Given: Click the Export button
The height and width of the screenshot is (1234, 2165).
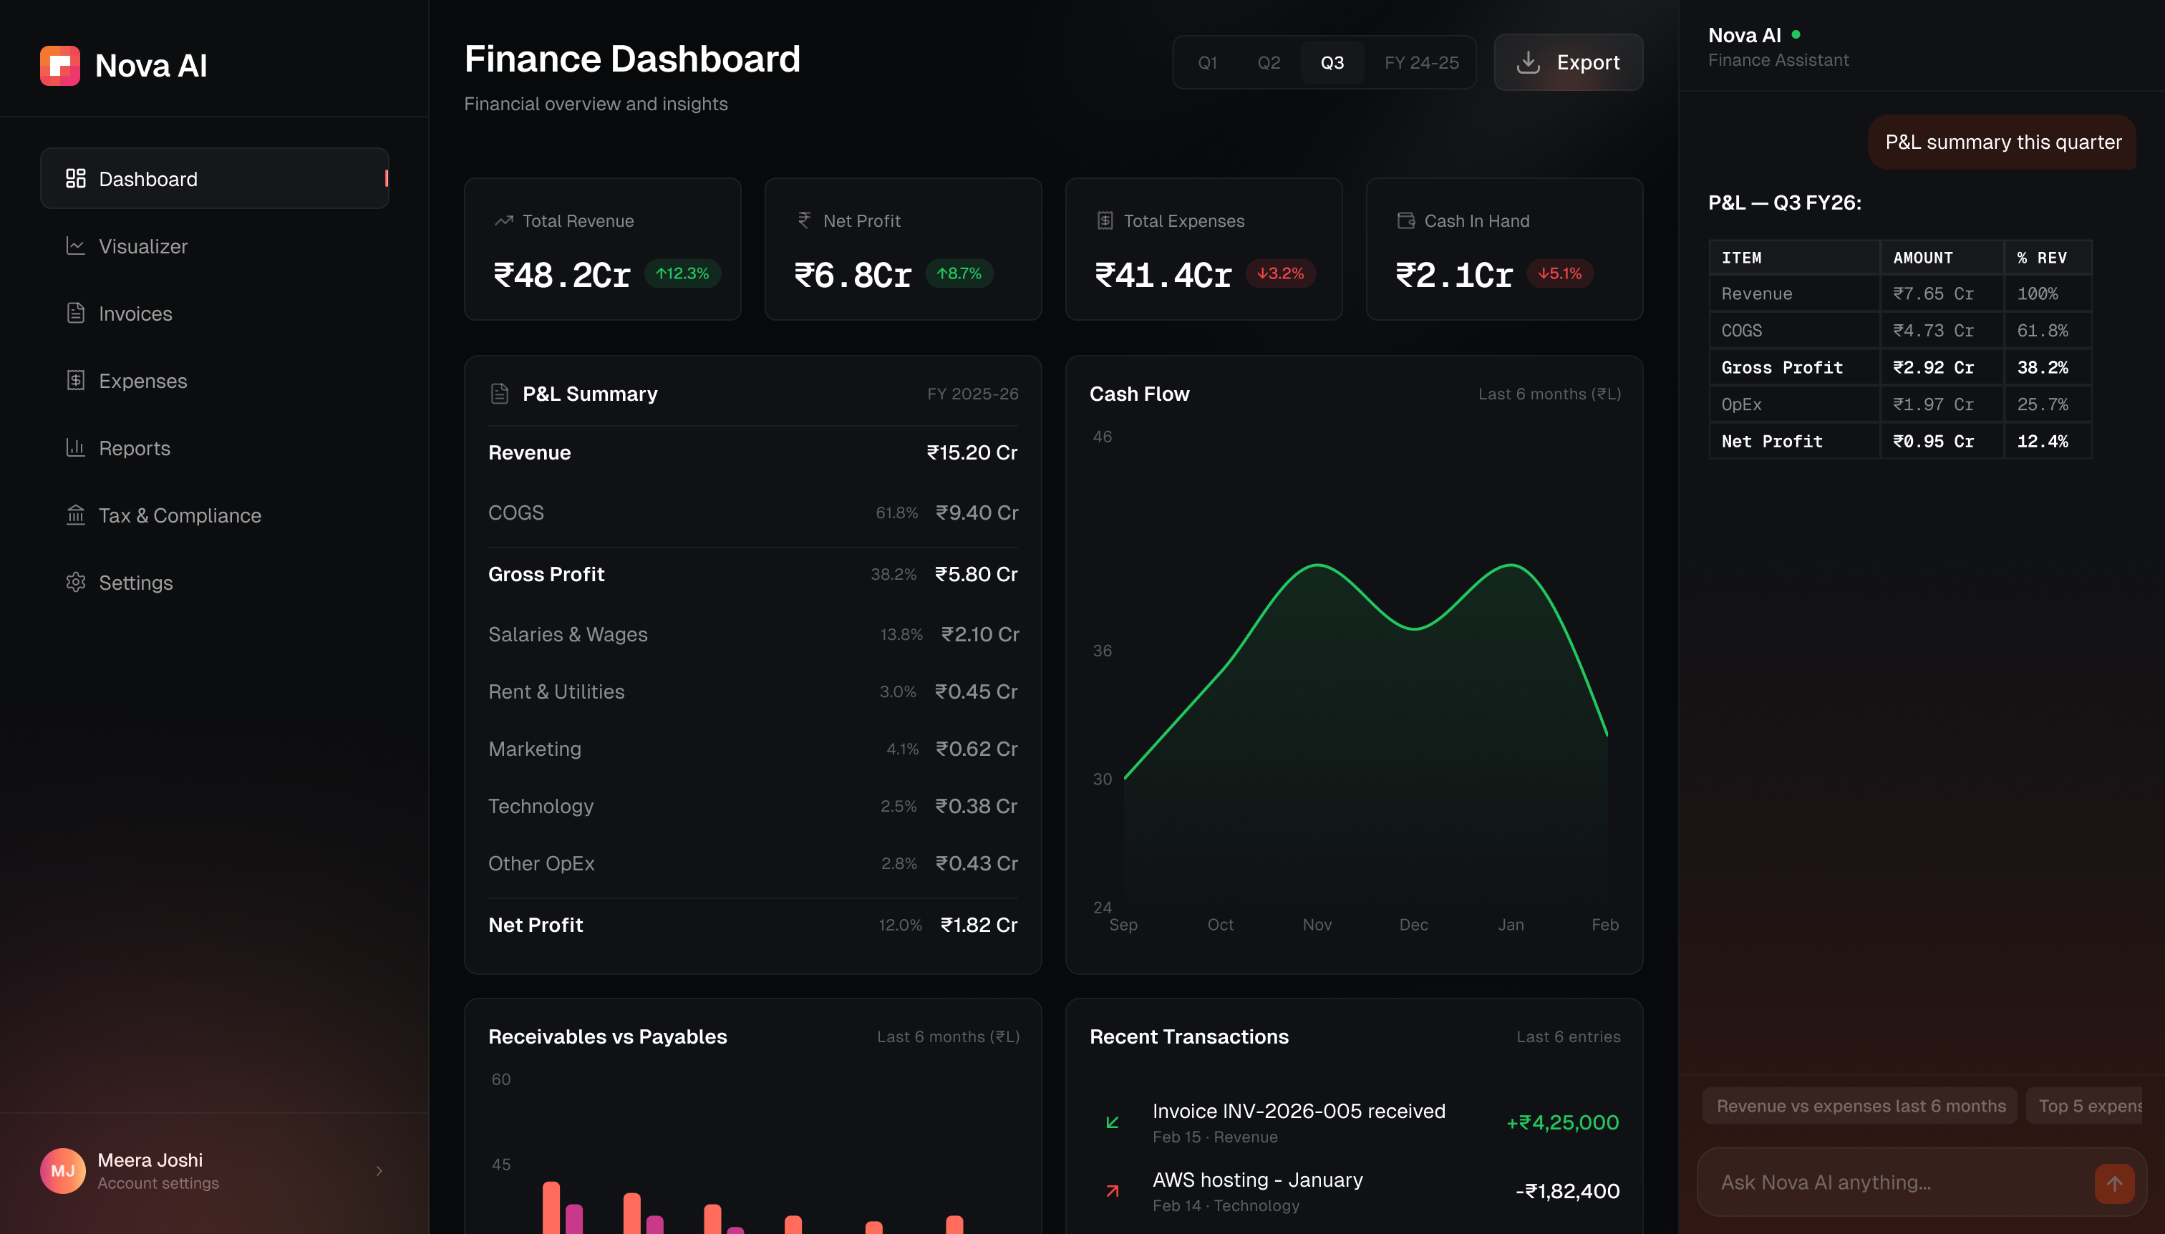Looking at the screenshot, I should coord(1568,63).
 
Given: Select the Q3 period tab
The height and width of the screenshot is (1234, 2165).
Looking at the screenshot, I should coord(1332,63).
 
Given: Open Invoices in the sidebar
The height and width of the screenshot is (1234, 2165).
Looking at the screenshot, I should coord(135,314).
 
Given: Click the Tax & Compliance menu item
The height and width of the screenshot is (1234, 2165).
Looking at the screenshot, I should coord(180,515).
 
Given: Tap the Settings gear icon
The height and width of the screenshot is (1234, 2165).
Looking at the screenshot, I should coord(75,582).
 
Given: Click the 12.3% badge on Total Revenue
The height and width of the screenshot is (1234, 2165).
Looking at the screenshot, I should coord(682,273).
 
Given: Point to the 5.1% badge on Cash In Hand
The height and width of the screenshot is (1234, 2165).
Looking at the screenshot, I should coord(1560,273).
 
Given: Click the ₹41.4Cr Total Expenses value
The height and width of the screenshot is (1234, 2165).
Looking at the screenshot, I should coord(1162,276).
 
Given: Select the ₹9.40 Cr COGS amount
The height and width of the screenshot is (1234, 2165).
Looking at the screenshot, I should coord(977,512).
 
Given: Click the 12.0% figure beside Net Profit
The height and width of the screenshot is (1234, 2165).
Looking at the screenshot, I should coord(899,925).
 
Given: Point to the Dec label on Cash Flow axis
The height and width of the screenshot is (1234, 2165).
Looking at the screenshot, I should coord(1413,925).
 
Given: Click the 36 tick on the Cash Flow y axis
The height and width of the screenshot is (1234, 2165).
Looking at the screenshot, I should coord(1102,651).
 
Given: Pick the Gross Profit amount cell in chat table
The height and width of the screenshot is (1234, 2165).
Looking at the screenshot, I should coord(1934,368).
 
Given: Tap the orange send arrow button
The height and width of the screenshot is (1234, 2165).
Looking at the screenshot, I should coord(2114,1183).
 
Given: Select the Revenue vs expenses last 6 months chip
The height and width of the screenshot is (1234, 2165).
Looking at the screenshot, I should coord(1861,1106).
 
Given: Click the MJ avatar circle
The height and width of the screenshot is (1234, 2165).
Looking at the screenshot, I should coord(63,1170).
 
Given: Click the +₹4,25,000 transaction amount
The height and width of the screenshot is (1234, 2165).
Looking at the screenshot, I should coord(1562,1123).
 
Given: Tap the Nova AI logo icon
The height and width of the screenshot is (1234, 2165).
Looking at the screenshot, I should coord(60,66).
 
